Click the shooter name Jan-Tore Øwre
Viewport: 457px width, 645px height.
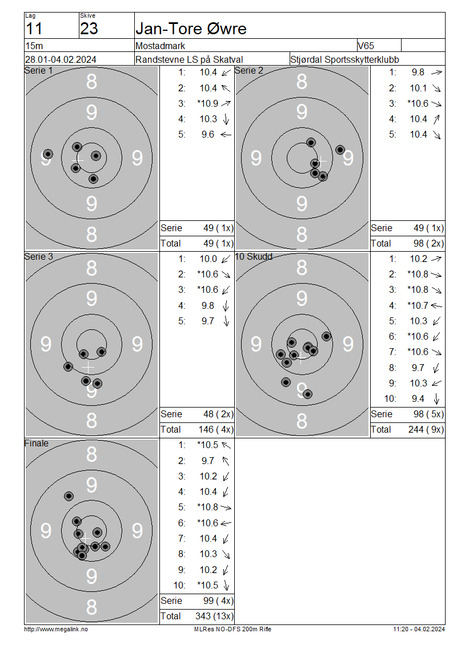click(x=191, y=29)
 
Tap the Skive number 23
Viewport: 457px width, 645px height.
click(x=89, y=29)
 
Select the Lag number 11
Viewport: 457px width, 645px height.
click(x=34, y=29)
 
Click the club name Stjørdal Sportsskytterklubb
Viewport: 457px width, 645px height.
click(x=344, y=59)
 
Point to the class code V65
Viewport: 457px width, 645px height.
click(x=366, y=46)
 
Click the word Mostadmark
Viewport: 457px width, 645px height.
click(x=160, y=46)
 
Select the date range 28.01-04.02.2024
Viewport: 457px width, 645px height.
click(x=61, y=59)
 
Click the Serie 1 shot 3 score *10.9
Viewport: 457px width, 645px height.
click(x=208, y=103)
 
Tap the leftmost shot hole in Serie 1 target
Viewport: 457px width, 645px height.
click(x=48, y=154)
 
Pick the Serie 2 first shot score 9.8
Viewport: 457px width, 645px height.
click(x=418, y=72)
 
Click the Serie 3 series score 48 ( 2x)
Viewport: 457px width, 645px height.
click(x=218, y=414)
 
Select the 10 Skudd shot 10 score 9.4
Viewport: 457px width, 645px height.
click(x=418, y=398)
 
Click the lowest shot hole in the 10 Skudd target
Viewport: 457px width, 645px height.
click(x=307, y=394)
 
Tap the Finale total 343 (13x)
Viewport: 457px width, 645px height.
click(x=214, y=616)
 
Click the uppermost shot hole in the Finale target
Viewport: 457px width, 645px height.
click(x=69, y=496)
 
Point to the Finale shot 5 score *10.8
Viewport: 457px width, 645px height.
click(x=208, y=507)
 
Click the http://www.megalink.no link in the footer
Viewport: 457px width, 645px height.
click(x=56, y=629)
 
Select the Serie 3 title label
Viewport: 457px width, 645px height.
click(x=39, y=256)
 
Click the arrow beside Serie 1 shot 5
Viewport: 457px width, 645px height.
click(x=226, y=135)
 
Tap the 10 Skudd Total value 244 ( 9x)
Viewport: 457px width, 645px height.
click(x=426, y=429)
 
